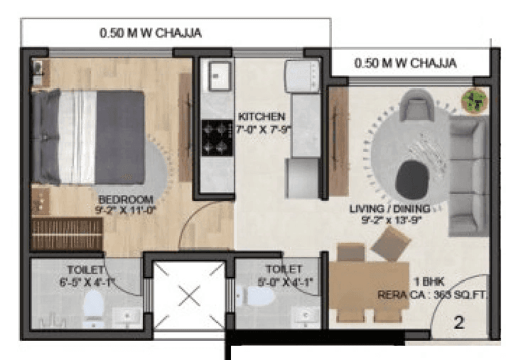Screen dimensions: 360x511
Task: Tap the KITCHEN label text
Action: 262,116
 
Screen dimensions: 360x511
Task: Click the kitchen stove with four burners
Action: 215,137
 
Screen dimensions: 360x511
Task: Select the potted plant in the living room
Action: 472,100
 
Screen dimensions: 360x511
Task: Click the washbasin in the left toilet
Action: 128,315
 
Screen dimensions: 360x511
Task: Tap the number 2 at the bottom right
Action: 459,324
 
